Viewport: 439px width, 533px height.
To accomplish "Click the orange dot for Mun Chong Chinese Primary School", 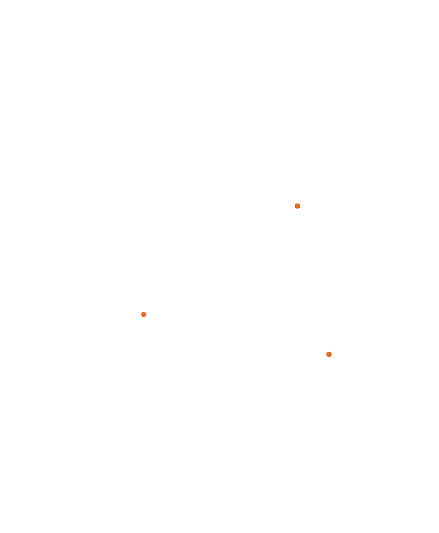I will pos(297,206).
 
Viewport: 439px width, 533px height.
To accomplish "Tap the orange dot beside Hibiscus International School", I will pos(144,314).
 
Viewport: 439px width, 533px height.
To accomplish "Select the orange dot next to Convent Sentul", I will pos(329,354).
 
